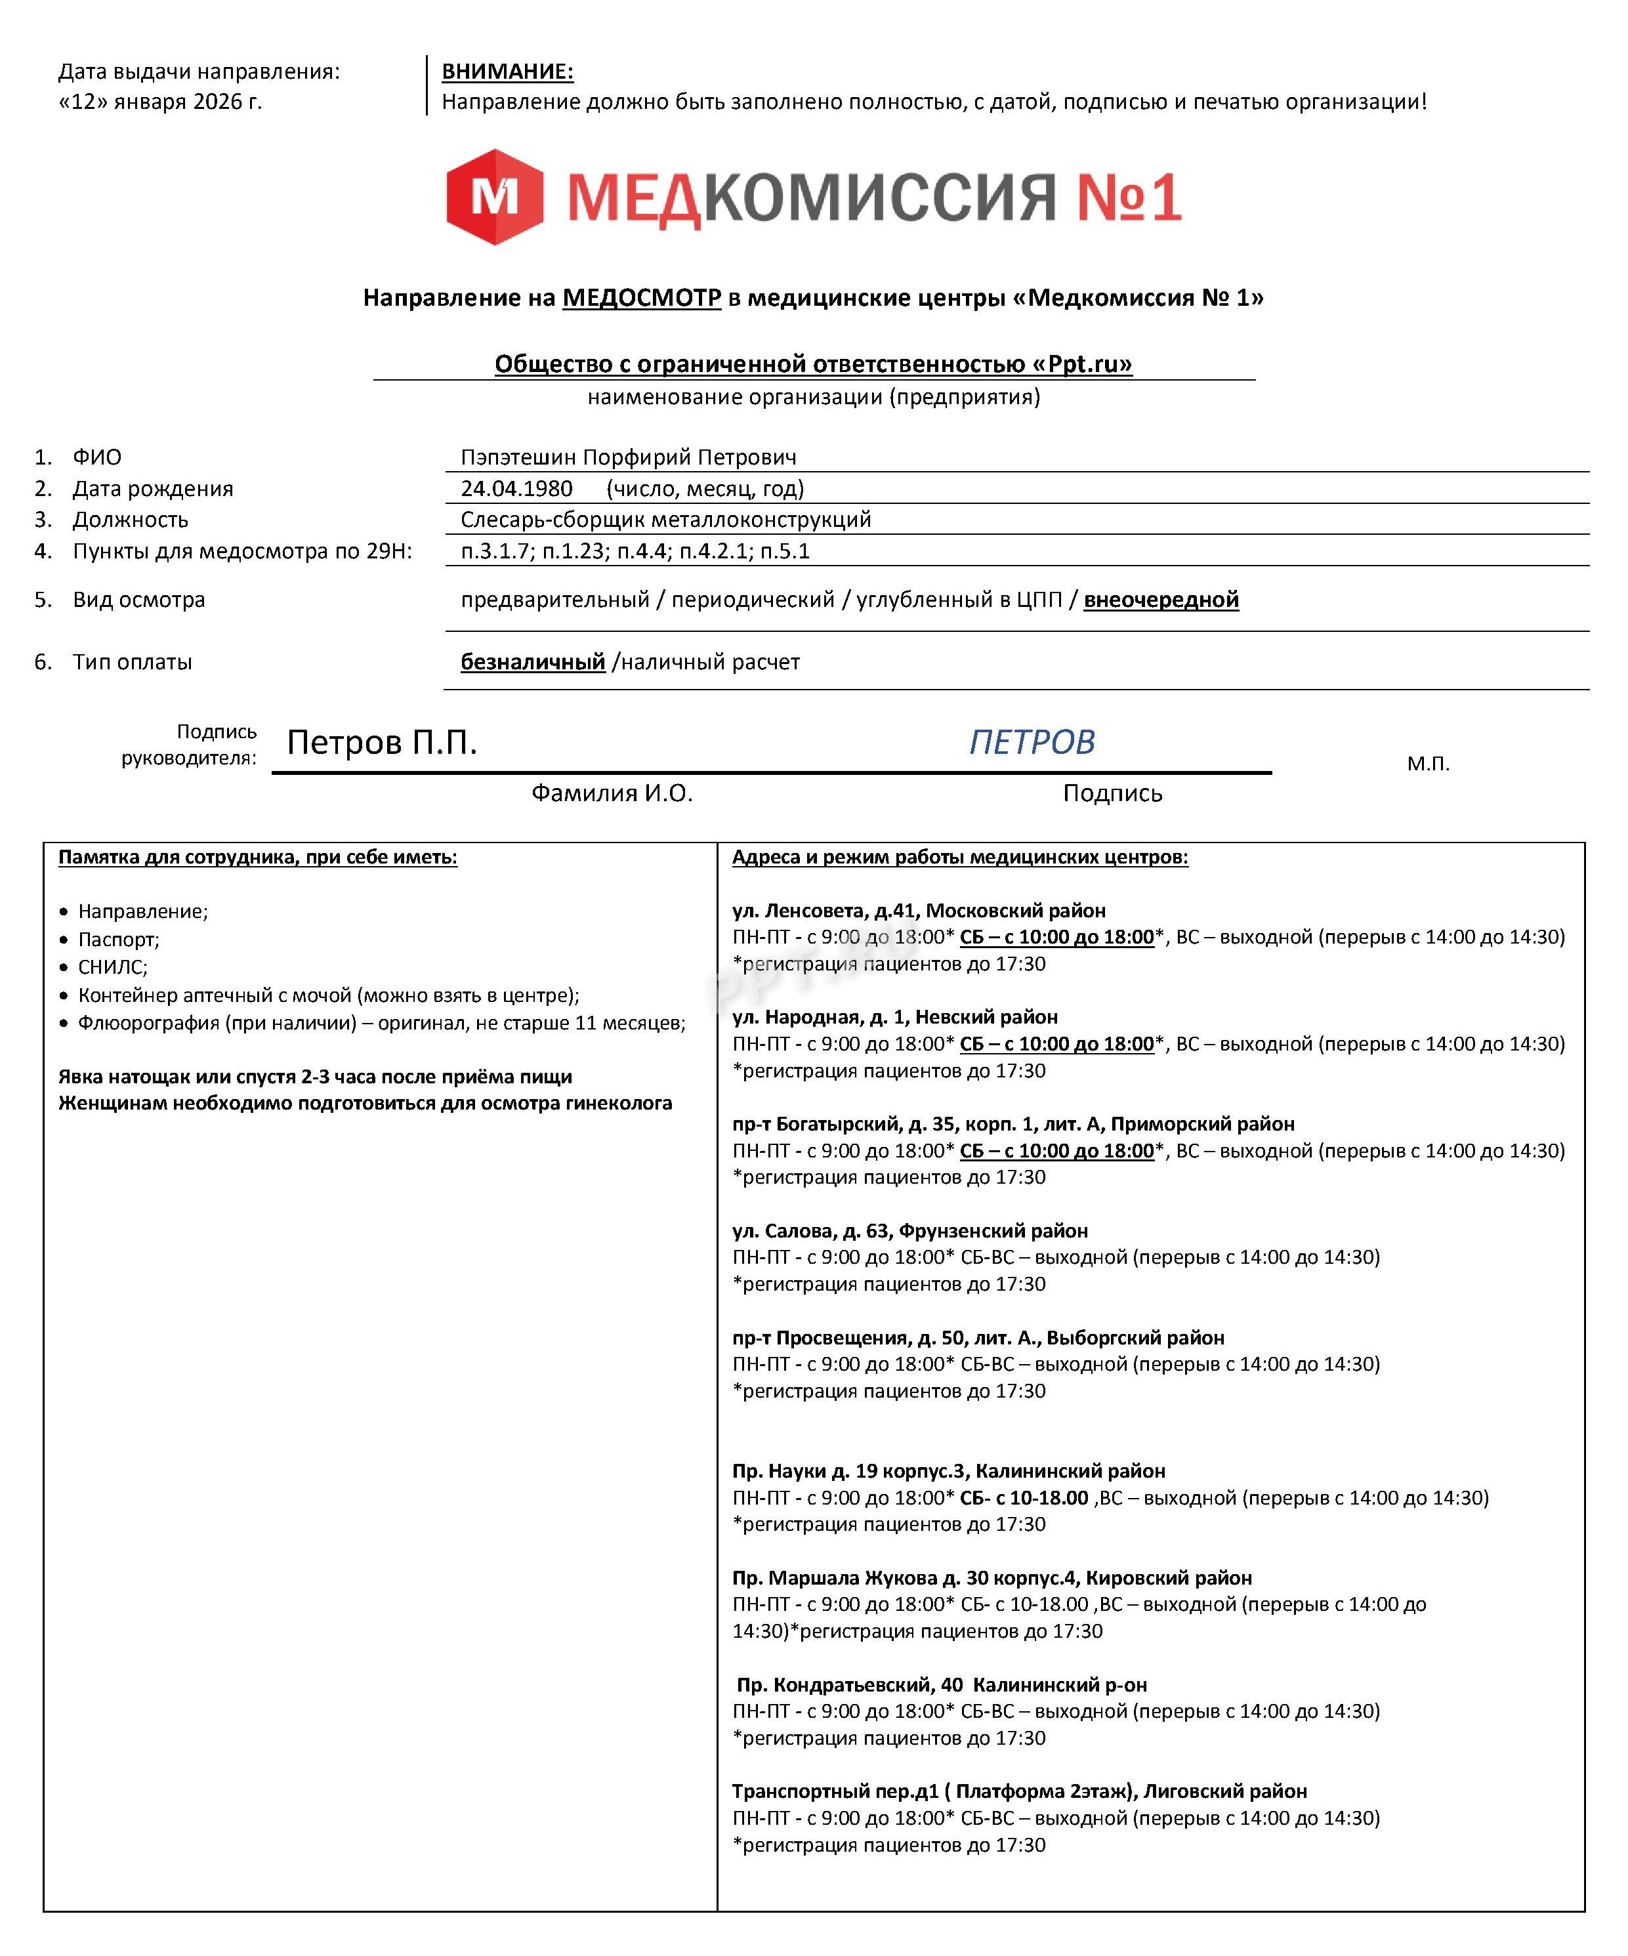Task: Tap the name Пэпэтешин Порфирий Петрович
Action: click(x=628, y=457)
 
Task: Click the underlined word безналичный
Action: click(x=533, y=661)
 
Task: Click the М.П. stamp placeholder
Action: click(x=1428, y=764)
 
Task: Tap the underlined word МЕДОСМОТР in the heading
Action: click(x=641, y=297)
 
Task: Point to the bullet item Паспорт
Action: click(x=118, y=939)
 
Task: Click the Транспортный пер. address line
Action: click(x=1019, y=1791)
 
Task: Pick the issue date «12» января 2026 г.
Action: click(x=160, y=102)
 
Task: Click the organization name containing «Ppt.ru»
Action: click(x=813, y=364)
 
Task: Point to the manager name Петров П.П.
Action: click(x=382, y=742)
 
